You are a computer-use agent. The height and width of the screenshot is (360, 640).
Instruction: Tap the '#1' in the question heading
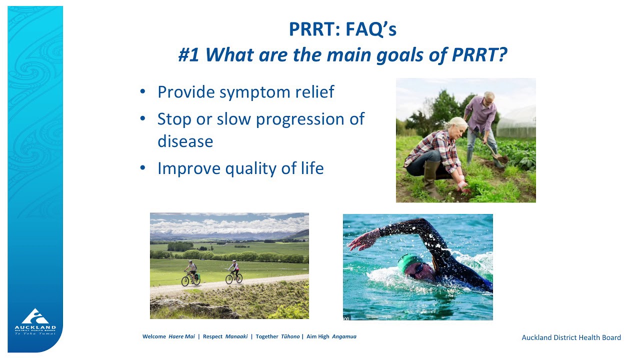(x=188, y=55)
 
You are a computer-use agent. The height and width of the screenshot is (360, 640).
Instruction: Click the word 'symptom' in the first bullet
(x=248, y=92)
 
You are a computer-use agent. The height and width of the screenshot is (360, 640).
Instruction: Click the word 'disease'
(x=185, y=141)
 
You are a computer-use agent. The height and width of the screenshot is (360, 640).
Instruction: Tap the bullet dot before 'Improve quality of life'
(x=143, y=168)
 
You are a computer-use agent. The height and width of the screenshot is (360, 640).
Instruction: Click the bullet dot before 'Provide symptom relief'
(x=143, y=91)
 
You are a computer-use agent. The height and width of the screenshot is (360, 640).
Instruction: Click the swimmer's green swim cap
(x=408, y=262)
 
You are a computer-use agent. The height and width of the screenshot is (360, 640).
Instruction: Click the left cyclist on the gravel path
(x=190, y=273)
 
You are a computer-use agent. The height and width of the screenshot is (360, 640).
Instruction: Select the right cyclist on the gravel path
(x=233, y=273)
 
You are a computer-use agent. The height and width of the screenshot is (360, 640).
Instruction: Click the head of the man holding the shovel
(x=488, y=97)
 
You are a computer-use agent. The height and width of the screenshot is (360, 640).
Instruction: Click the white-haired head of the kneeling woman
(x=458, y=125)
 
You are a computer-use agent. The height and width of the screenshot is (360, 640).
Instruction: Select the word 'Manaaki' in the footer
(x=236, y=336)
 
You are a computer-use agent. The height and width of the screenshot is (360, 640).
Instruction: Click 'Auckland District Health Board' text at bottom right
(x=571, y=337)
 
